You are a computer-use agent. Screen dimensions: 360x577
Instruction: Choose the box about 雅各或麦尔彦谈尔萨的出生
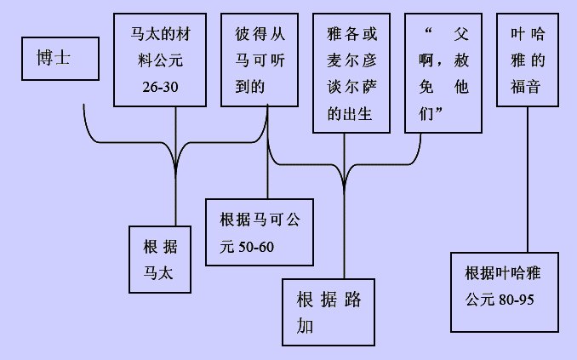click(x=345, y=73)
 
